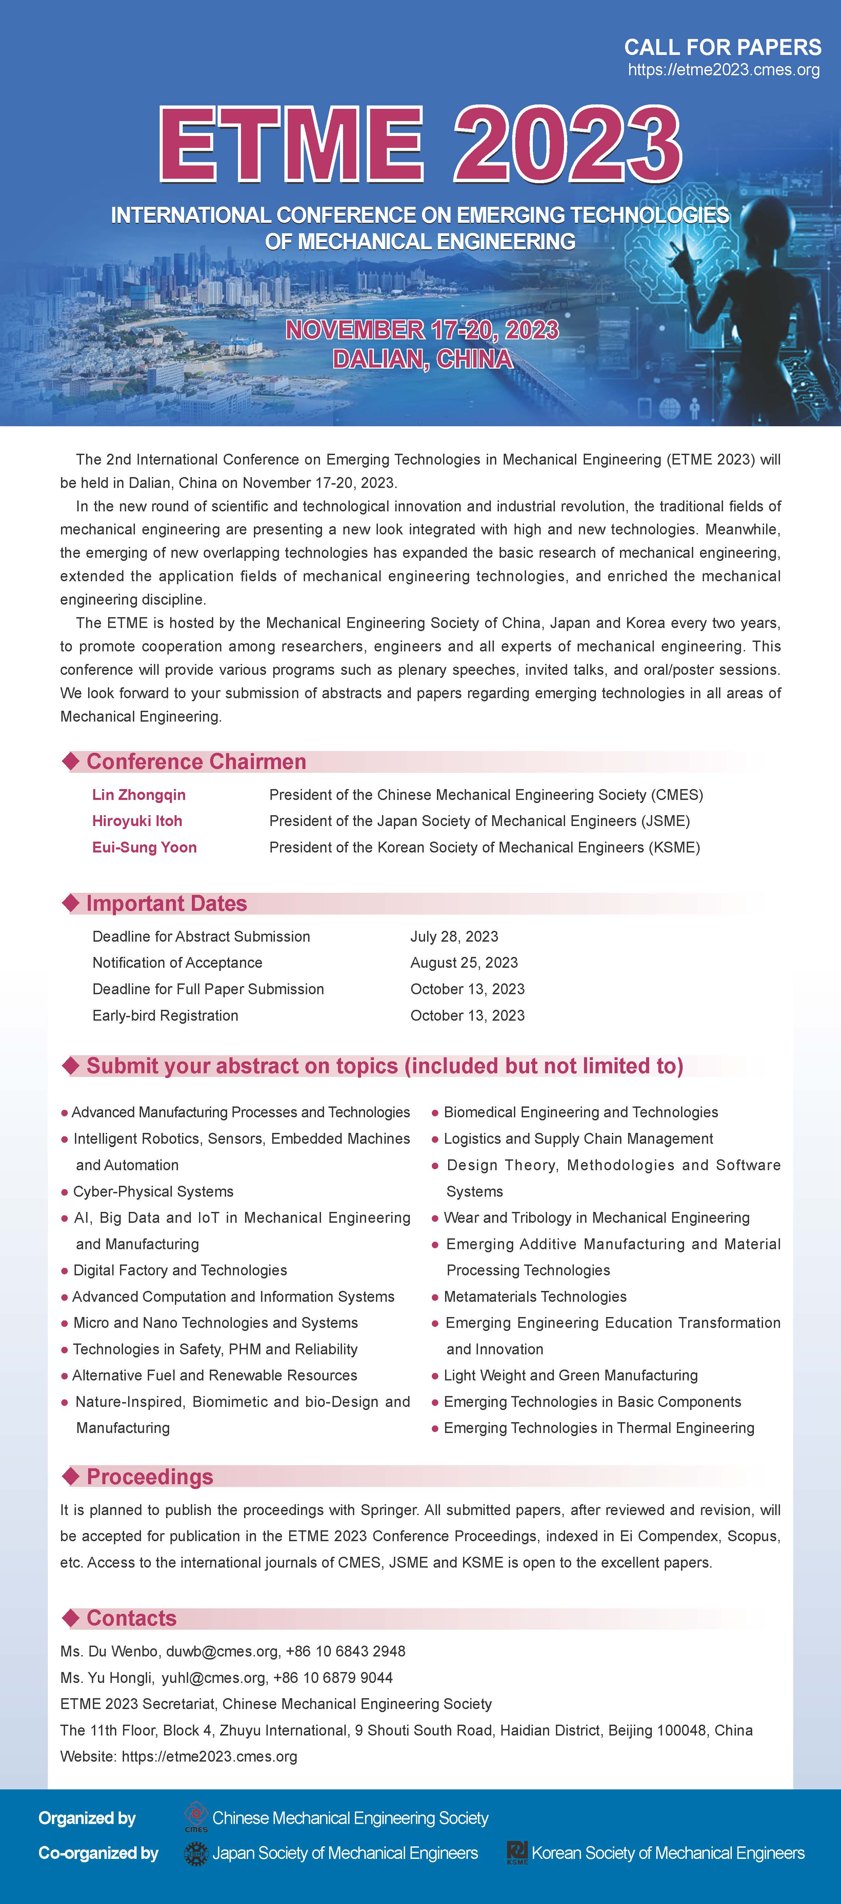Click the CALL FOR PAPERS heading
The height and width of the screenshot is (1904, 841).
point(722,47)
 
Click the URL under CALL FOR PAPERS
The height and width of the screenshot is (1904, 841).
point(723,70)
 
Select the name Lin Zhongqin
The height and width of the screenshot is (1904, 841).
point(139,794)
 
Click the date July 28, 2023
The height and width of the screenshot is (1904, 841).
point(454,937)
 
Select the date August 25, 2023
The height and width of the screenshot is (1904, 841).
point(464,962)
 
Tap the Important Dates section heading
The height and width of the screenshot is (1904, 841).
point(166,903)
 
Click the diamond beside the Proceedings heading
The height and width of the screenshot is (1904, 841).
point(71,1476)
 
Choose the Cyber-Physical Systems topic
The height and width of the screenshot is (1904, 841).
point(153,1192)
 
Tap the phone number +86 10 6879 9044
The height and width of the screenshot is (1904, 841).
point(333,1678)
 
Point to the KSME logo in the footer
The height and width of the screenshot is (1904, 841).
point(517,1852)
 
